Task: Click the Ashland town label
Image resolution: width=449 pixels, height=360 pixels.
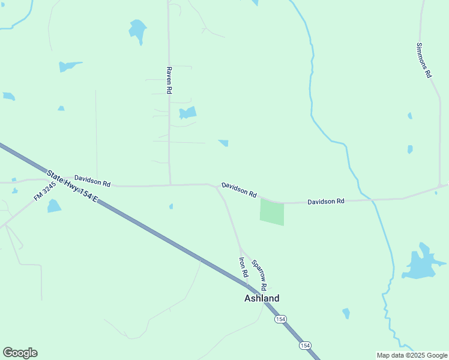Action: coord(261,298)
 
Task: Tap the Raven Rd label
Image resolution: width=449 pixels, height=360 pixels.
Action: coord(169,79)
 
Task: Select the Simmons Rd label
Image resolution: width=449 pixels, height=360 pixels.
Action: coord(424,61)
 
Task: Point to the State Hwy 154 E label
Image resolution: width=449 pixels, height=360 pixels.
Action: coord(73,187)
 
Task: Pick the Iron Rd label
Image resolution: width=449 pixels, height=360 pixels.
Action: coord(244,267)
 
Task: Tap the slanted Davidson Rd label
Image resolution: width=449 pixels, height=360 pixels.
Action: coord(239,190)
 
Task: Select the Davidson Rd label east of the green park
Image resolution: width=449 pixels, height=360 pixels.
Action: coord(326,202)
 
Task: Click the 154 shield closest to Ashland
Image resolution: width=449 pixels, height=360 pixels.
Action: coord(280,319)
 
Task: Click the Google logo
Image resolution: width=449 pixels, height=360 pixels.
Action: coord(20,353)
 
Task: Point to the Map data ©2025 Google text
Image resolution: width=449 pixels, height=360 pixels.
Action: coord(412,355)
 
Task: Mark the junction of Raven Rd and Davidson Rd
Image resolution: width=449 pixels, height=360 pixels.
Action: coord(170,185)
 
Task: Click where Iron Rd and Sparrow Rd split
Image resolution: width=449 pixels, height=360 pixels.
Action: coord(240,248)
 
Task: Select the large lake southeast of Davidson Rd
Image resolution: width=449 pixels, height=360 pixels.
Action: coord(423,265)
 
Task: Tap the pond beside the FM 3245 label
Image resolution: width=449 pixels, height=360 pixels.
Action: coord(54,206)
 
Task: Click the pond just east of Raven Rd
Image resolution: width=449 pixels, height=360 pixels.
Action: coord(188,113)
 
